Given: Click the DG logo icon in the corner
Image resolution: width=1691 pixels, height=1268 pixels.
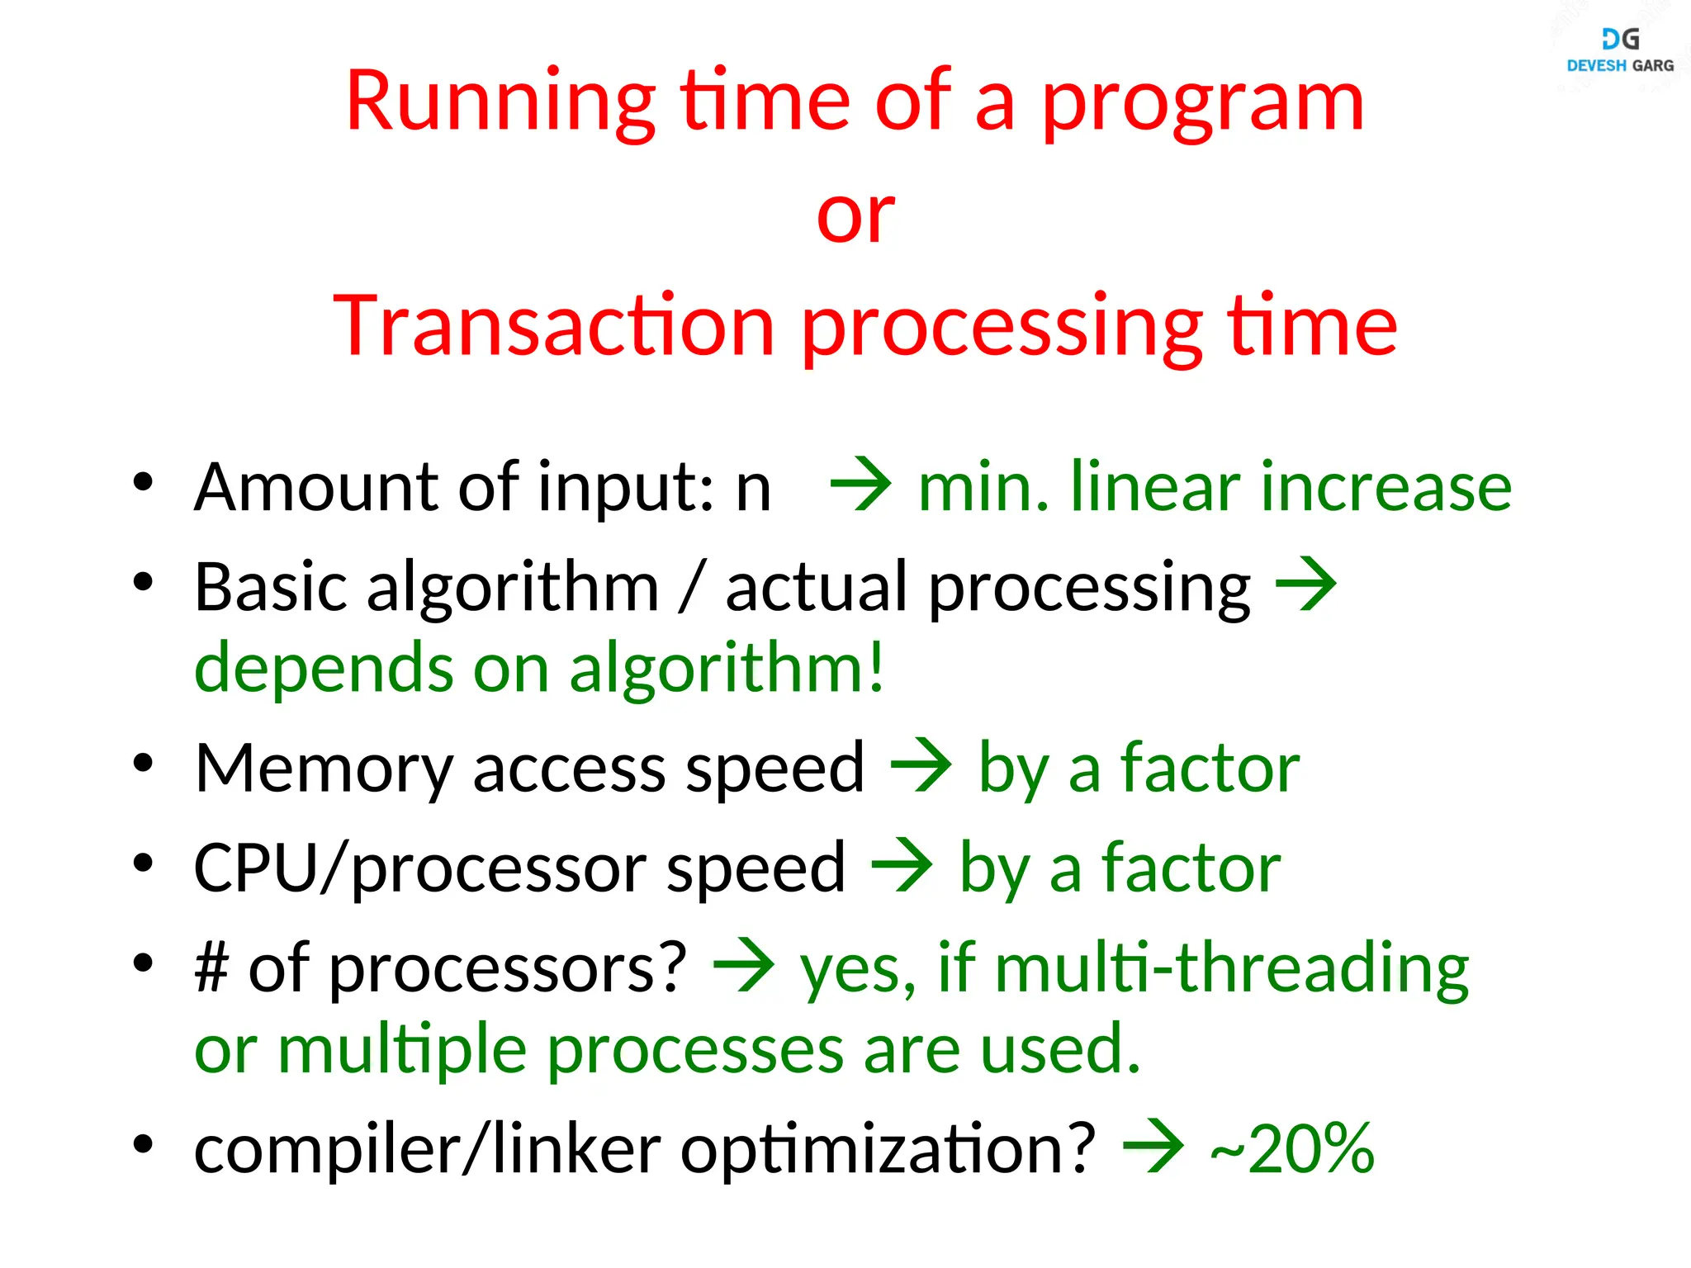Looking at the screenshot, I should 1620,39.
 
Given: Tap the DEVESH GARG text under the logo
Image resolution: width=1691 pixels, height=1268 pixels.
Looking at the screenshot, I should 1620,66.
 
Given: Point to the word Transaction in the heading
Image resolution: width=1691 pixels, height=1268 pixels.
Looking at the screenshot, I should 553,327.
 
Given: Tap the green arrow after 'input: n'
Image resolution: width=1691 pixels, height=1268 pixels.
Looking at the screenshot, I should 861,485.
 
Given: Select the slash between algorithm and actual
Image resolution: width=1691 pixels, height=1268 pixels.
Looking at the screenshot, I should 692,586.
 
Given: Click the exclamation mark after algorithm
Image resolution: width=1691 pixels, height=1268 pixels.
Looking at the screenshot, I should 876,667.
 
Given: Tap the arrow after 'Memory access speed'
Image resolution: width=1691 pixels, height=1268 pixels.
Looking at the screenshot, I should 921,765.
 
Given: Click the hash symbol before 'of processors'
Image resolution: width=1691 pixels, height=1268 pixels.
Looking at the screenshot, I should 211,968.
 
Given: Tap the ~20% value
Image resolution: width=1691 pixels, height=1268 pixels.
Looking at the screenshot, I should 1292,1148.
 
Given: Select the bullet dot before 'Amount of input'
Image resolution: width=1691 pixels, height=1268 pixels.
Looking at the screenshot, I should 144,482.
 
